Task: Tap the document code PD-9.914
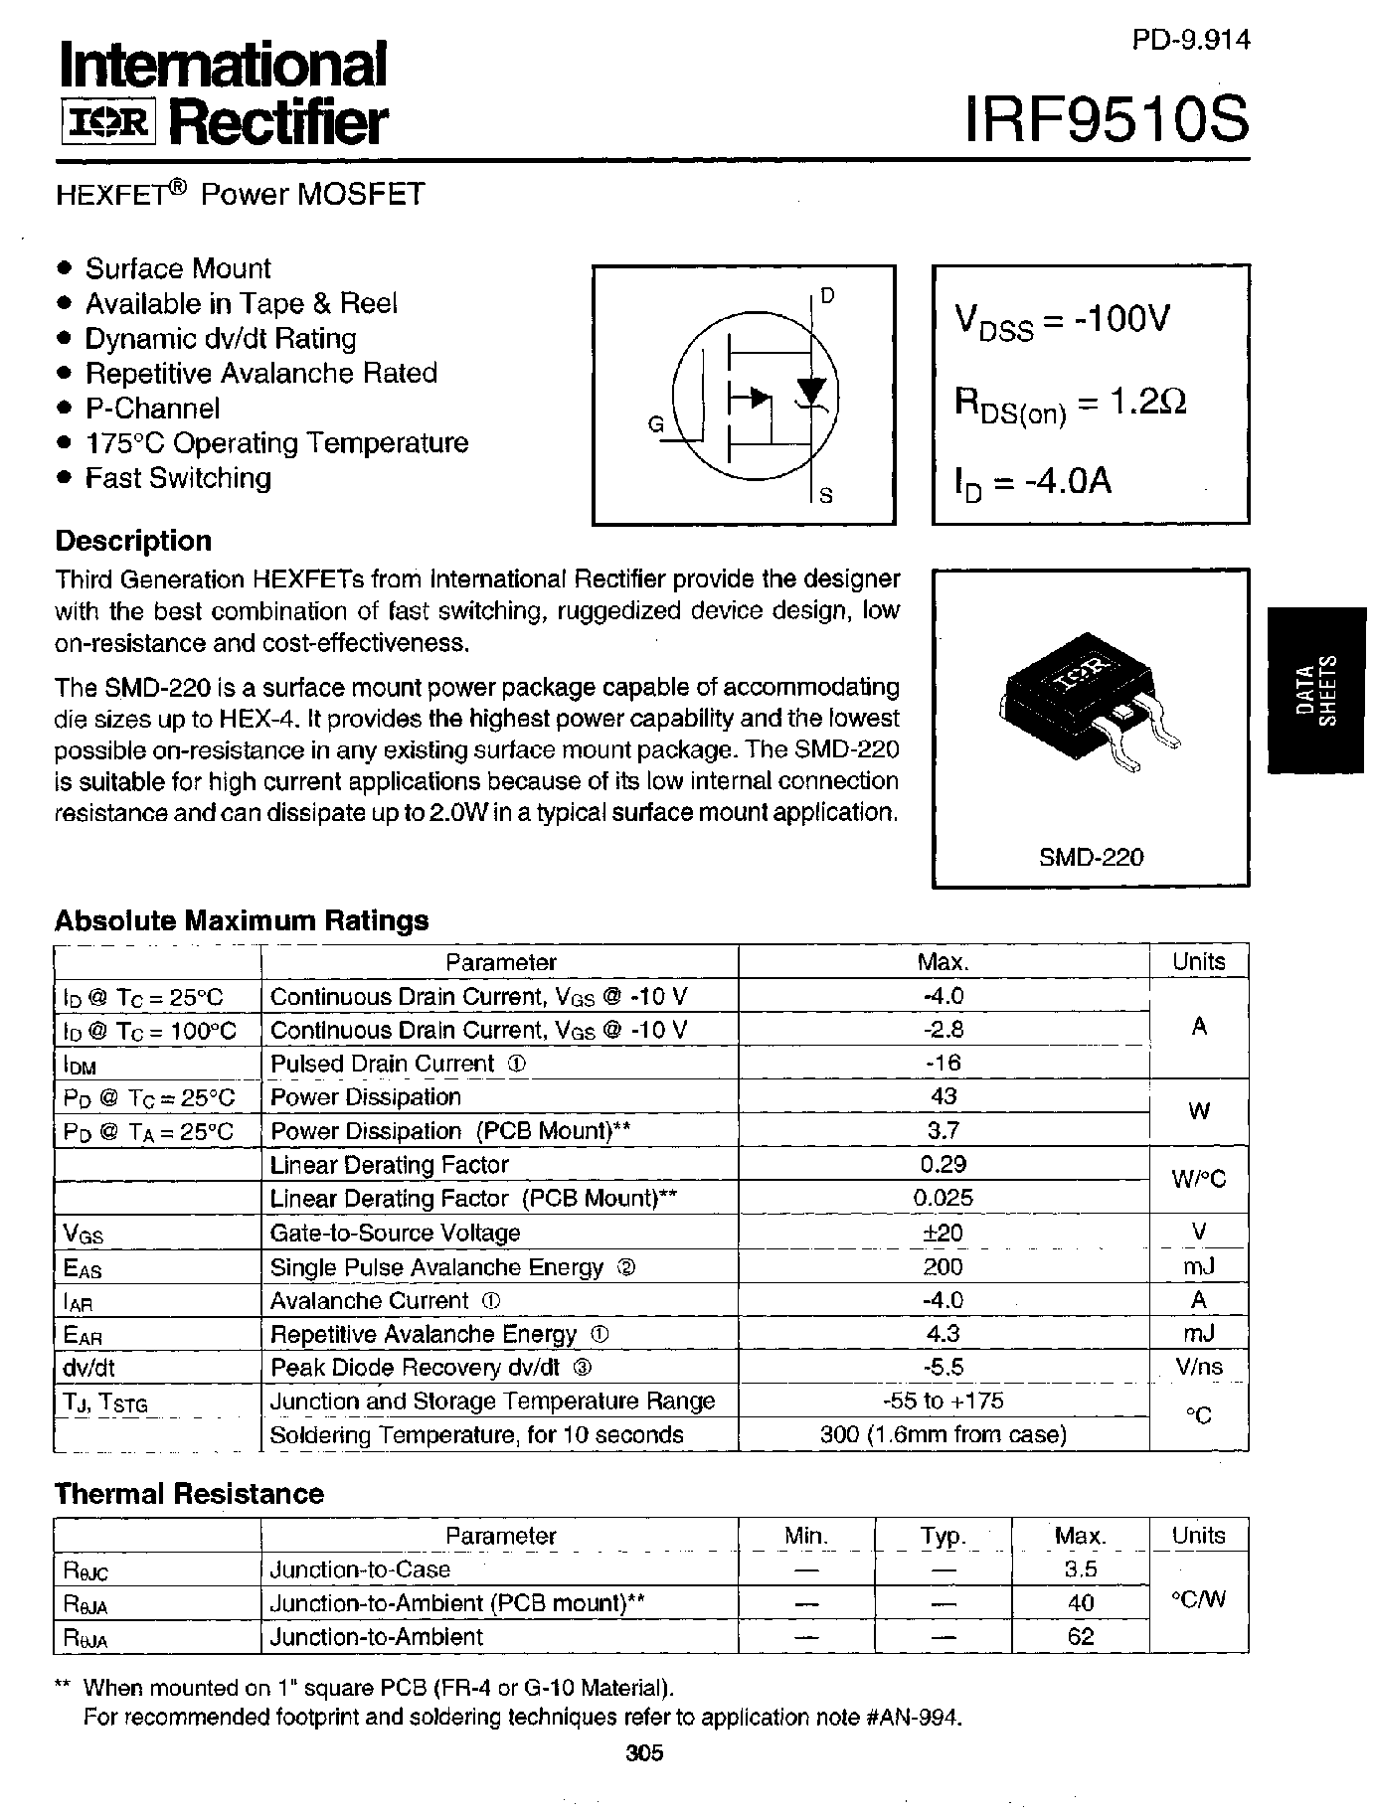[x=1189, y=40]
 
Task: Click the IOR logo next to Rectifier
[x=107, y=122]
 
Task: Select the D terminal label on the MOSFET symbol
[x=827, y=295]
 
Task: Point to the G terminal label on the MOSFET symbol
[x=655, y=424]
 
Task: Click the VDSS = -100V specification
[x=1062, y=321]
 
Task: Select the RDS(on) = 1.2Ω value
[x=1070, y=404]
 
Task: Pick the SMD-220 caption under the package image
[x=1091, y=856]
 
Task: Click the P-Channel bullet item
[x=151, y=409]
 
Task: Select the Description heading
[x=133, y=541]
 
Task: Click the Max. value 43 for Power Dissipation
[x=943, y=1096]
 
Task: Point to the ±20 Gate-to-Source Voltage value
[x=943, y=1233]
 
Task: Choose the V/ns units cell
[x=1198, y=1367]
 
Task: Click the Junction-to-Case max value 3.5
[x=1080, y=1569]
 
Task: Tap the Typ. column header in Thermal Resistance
[x=943, y=1536]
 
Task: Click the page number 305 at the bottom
[x=645, y=1752]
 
